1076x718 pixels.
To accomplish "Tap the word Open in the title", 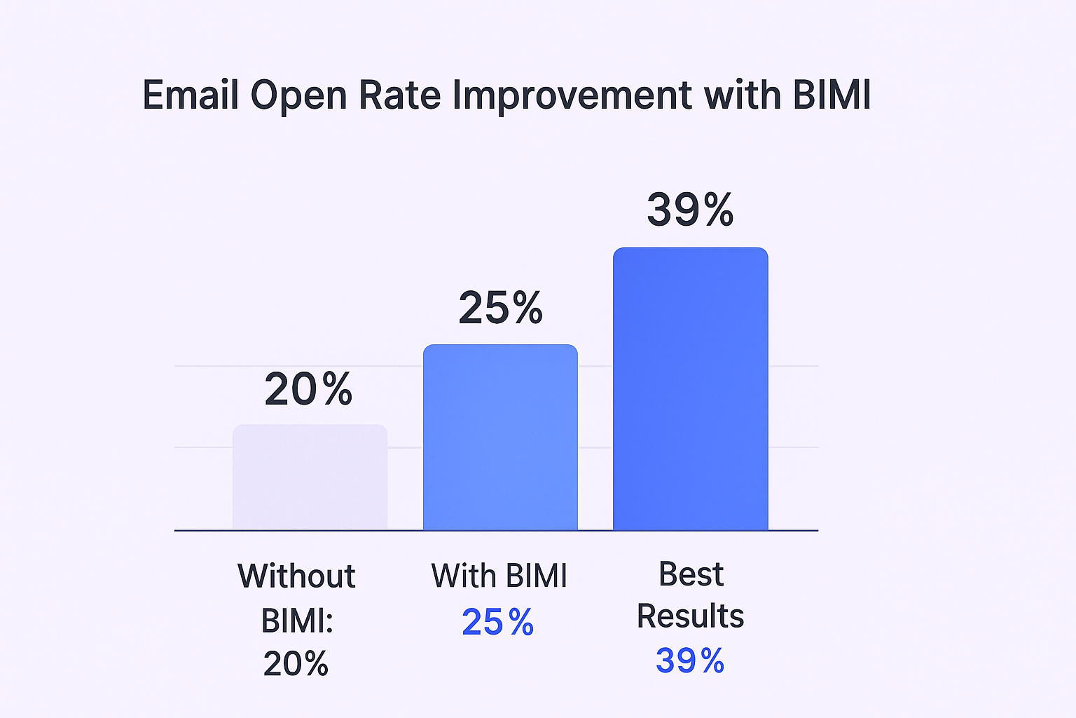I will pyautogui.click(x=299, y=96).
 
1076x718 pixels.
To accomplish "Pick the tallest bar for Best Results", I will pyautogui.click(x=690, y=389).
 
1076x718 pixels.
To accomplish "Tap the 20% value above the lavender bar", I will pyautogui.click(x=308, y=389).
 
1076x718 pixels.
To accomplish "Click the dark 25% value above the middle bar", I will pyautogui.click(x=500, y=308).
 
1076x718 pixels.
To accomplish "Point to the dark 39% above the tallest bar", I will pyautogui.click(x=690, y=210).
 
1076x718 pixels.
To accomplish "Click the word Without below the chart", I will pyautogui.click(x=296, y=576).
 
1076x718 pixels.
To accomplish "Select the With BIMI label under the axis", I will pyautogui.click(x=499, y=576).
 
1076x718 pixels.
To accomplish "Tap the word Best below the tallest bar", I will pyautogui.click(x=691, y=574).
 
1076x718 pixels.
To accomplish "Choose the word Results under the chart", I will pyautogui.click(x=690, y=616).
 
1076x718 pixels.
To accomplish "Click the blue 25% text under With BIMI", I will pyautogui.click(x=498, y=622).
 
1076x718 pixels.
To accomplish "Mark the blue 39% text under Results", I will pyautogui.click(x=690, y=661).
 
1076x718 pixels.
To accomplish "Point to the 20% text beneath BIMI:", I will pyautogui.click(x=296, y=663).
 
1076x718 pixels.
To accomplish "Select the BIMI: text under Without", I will pyautogui.click(x=297, y=621).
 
